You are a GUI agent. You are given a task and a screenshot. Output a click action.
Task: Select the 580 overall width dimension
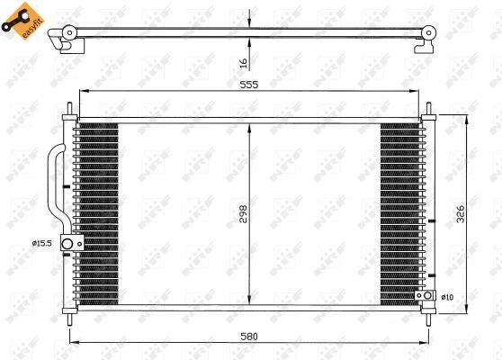(x=249, y=336)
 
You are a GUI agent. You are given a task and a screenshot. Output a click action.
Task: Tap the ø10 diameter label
(x=447, y=297)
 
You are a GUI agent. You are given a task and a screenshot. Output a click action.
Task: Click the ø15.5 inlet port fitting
(x=67, y=244)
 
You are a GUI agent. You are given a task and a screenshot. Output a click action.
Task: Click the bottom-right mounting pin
(x=431, y=317)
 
